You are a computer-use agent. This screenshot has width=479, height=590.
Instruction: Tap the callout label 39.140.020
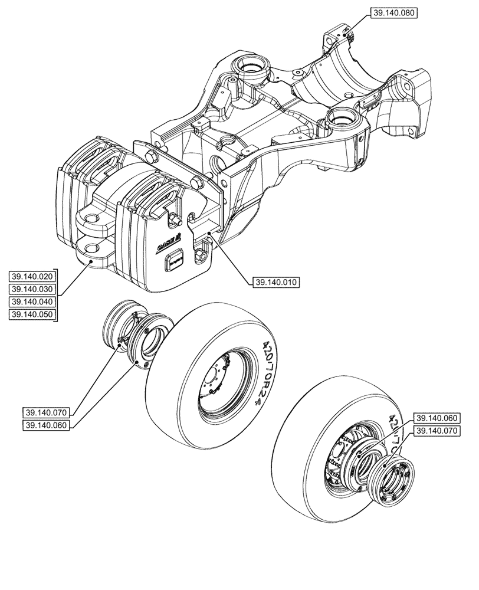click(32, 276)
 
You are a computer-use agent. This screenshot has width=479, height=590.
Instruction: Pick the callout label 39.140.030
click(32, 289)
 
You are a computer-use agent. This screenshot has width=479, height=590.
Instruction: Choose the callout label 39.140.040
click(32, 301)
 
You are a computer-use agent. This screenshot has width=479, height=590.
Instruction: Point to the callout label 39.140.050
click(32, 314)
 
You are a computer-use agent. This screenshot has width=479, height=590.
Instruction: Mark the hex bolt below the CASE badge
click(201, 255)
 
